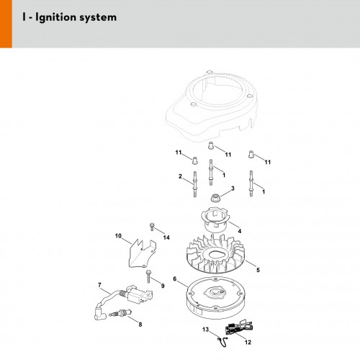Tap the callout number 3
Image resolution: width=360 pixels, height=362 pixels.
click(233, 189)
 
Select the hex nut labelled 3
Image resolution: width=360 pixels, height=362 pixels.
click(215, 198)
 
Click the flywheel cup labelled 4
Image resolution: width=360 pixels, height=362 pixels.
click(215, 220)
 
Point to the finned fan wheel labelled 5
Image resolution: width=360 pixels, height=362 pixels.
click(215, 255)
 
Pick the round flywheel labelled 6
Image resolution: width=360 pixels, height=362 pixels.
click(216, 297)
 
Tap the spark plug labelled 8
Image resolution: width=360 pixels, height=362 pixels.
click(120, 313)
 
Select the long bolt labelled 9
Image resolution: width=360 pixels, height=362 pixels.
click(148, 276)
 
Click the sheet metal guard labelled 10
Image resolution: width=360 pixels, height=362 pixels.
click(142, 253)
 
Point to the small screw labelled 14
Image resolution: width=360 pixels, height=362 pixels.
click(152, 227)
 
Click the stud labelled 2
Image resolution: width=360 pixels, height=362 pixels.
click(195, 184)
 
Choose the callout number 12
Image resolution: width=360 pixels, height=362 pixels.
click(248, 342)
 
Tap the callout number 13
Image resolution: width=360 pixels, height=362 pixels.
click(205, 330)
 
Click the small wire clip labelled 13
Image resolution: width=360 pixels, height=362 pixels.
click(222, 342)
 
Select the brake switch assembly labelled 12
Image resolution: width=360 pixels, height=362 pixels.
click(239, 327)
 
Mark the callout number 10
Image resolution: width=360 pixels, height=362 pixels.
click(118, 236)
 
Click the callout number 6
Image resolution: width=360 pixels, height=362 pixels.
click(175, 279)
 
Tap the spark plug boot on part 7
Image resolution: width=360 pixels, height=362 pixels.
click(99, 312)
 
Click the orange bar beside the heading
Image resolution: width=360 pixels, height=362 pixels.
click(6, 24)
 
